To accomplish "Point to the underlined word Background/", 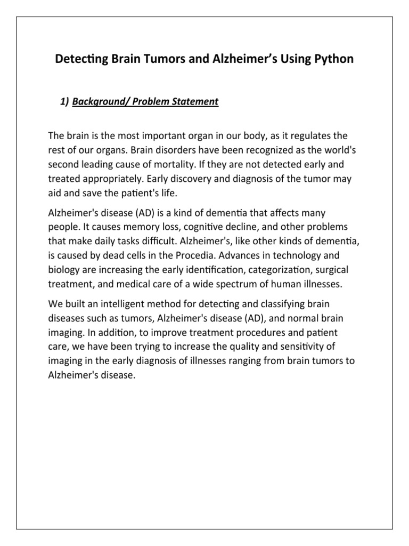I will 99,101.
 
